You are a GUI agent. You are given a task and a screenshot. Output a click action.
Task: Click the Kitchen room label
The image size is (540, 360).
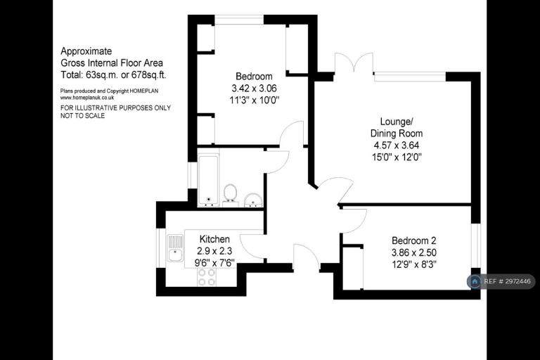pyautogui.click(x=214, y=239)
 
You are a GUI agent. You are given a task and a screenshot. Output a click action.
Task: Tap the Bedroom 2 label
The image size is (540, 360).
pyautogui.click(x=414, y=240)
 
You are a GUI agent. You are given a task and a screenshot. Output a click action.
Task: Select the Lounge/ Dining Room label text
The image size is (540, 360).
pyautogui.click(x=397, y=127)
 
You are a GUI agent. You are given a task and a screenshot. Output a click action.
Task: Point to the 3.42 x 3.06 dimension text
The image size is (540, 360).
pyautogui.click(x=254, y=89)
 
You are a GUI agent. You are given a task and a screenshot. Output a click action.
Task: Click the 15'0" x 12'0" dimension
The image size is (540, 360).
pyautogui.click(x=397, y=157)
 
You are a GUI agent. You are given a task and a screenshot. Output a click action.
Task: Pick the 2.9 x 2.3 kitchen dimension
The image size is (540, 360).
pyautogui.click(x=214, y=251)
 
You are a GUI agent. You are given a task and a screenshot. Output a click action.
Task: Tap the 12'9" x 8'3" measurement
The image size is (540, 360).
pyautogui.click(x=414, y=264)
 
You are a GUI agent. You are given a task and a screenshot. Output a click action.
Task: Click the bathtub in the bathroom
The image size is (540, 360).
pyautogui.click(x=208, y=181)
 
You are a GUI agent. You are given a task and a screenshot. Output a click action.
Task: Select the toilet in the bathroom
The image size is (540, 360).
pyautogui.click(x=230, y=195)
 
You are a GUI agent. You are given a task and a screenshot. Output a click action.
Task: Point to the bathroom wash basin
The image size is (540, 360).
pyautogui.click(x=253, y=200)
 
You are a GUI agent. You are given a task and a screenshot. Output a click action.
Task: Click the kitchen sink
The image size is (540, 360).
pyautogui.click(x=175, y=248)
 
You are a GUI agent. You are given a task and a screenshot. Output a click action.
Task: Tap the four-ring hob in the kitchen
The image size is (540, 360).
pyautogui.click(x=206, y=277)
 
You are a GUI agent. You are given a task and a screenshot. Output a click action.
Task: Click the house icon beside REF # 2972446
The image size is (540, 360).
pyautogui.click(x=475, y=281)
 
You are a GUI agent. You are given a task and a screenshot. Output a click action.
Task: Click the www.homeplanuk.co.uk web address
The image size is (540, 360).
pyautogui.click(x=87, y=98)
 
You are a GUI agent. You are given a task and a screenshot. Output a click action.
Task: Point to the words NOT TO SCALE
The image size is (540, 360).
pyautogui.click(x=83, y=116)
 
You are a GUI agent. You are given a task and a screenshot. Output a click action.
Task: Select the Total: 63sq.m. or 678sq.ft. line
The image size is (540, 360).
pyautogui.click(x=113, y=75)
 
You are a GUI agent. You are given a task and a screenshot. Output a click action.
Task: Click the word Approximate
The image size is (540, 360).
pyautogui.click(x=86, y=51)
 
